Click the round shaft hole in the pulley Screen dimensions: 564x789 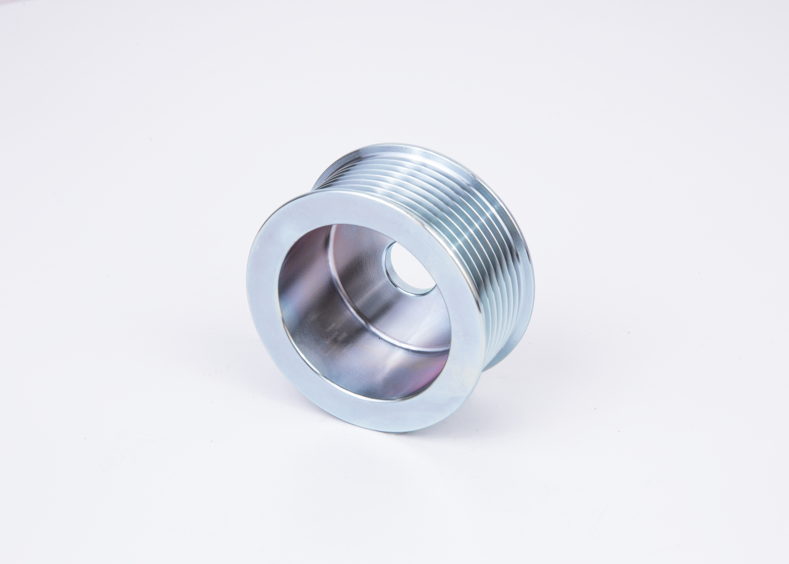click(410, 268)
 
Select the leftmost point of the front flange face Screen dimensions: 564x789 click(248, 290)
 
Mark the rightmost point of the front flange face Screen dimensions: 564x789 click(484, 321)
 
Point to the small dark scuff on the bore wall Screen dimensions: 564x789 click(336, 336)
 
